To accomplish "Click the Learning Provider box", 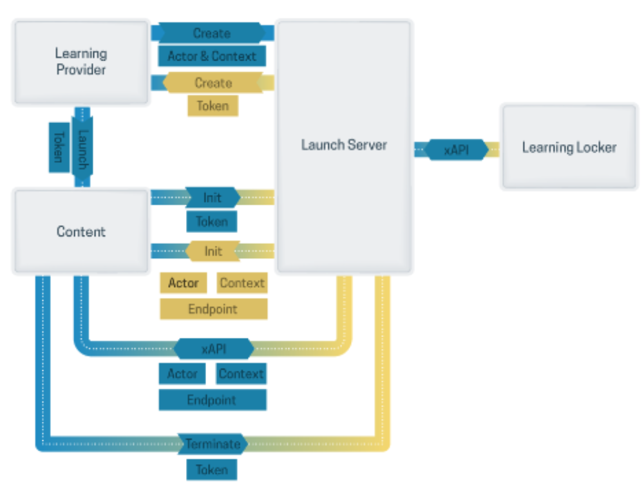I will click(80, 62).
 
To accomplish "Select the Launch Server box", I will click(344, 145).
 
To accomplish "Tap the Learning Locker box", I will click(569, 147).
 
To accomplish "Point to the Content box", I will click(80, 231).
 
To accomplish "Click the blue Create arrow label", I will click(212, 33).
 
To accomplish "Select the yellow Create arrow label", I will click(213, 83).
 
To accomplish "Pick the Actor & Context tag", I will click(212, 56).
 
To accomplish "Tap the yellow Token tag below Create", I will click(213, 106).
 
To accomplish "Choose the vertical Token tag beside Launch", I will click(59, 147).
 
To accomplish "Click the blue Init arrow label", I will click(212, 197).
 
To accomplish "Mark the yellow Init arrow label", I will click(213, 251).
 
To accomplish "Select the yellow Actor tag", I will click(183, 283).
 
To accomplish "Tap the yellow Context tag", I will click(241, 283).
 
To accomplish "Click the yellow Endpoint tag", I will click(213, 309).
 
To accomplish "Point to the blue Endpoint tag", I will click(212, 400).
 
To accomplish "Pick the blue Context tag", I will click(241, 373).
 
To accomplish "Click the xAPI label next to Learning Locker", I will click(456, 149).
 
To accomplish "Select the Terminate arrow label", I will click(213, 443).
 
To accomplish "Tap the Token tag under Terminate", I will click(211, 469).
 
